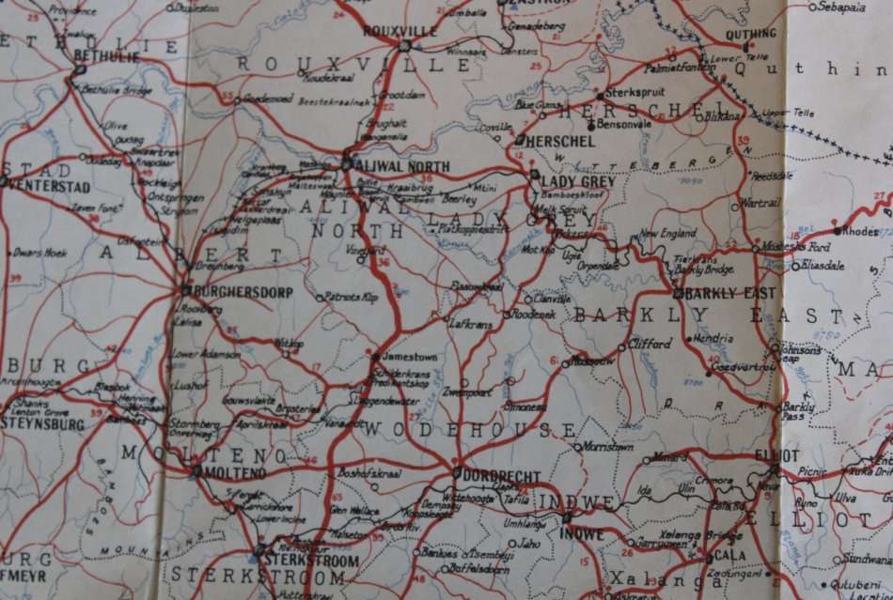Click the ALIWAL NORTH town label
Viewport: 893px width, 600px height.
(402, 166)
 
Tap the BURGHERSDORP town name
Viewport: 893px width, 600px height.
(231, 293)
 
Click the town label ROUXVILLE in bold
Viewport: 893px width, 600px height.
(400, 31)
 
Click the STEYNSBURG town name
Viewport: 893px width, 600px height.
(42, 424)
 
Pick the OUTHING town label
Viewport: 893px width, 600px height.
(751, 35)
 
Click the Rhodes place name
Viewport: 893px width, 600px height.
(860, 230)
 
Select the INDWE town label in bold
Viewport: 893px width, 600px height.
(582, 535)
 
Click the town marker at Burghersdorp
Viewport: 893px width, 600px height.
(185, 291)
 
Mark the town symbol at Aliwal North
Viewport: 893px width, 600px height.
(347, 163)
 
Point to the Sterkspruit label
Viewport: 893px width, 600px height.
(634, 95)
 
